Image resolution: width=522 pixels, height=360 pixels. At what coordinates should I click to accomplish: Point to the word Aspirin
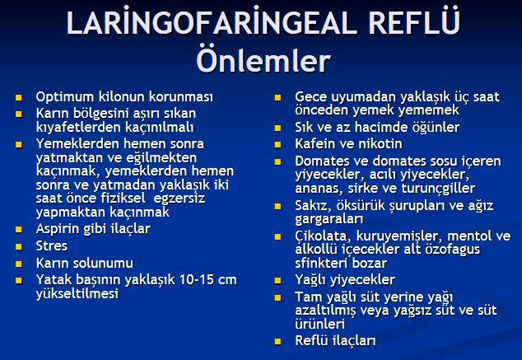click(x=59, y=229)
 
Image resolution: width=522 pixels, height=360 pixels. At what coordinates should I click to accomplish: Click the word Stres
click(x=52, y=246)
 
